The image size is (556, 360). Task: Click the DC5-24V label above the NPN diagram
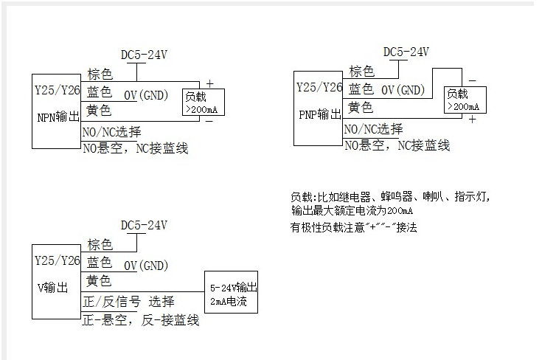[x=144, y=55]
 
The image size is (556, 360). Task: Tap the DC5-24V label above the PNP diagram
[x=406, y=52]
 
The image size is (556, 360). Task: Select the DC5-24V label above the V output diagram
[x=144, y=225]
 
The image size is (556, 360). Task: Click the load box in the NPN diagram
[x=204, y=102]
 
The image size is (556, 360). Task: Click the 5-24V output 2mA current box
[x=232, y=293]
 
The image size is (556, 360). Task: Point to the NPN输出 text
[x=58, y=117]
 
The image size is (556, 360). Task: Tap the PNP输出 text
[x=319, y=114]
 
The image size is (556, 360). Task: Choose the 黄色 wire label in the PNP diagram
[x=361, y=108]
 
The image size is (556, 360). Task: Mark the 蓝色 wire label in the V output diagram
[x=99, y=262]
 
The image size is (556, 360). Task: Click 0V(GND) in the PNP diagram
[x=403, y=90]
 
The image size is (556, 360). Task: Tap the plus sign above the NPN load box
[x=209, y=83]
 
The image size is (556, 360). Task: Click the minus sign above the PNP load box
[x=472, y=80]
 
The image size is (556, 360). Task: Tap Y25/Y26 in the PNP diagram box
[x=319, y=87]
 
